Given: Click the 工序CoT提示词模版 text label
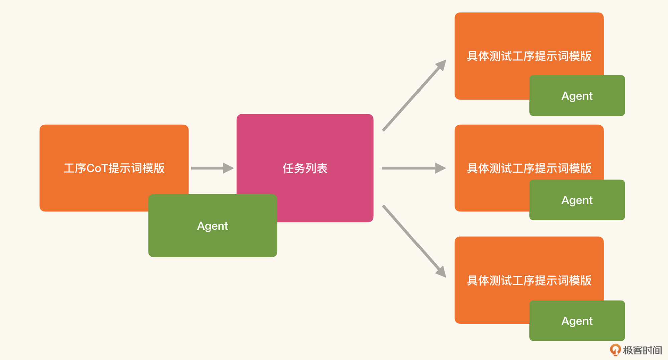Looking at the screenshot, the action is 114,168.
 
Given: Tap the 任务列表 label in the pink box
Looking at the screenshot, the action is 305,168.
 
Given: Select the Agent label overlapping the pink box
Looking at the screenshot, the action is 212,226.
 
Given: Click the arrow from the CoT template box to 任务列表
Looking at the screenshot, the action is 212,168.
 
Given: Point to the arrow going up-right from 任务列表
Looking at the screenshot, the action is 414,95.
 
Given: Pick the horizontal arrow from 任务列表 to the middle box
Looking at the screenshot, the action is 414,168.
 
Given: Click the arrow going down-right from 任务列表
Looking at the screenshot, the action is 414,241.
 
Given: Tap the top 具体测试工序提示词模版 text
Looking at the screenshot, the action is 529,56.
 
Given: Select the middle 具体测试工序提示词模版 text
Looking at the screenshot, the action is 529,168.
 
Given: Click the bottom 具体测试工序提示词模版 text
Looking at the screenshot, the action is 529,280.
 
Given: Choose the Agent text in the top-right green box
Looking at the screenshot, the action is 577,96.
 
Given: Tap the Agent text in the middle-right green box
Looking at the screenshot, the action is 577,200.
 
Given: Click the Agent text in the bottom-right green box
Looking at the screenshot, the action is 577,321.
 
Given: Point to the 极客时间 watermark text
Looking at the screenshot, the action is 642,350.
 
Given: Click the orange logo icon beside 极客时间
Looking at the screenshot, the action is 615,350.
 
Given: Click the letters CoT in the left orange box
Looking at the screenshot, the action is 97,168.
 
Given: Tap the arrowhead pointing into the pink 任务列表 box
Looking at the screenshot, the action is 228,168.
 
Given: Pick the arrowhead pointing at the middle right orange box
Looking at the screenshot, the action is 441,168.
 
